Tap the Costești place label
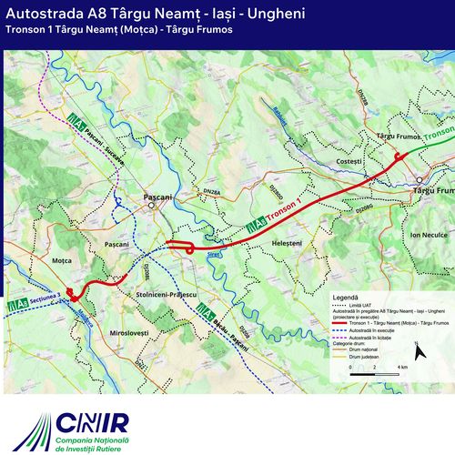[x=349, y=162]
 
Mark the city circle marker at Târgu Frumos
[x=419, y=179]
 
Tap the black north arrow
[x=418, y=349]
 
